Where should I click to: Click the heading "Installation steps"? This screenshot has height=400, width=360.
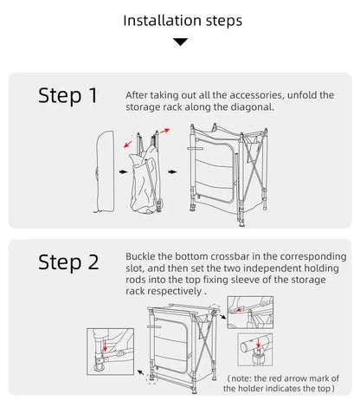(x=183, y=21)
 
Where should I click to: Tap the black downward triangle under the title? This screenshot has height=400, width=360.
(x=181, y=42)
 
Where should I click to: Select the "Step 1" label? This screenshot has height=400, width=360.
(x=68, y=96)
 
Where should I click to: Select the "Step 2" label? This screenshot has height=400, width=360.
(x=68, y=262)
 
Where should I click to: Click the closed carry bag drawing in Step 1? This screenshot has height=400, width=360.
(x=105, y=171)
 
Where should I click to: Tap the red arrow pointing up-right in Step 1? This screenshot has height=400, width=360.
(x=165, y=131)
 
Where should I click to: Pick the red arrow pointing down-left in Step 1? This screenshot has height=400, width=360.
(x=128, y=144)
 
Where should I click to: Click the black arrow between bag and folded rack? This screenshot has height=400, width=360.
(x=124, y=172)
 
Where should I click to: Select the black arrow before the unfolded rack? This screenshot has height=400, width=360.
(x=173, y=172)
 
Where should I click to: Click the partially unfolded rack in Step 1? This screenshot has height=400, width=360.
(x=145, y=171)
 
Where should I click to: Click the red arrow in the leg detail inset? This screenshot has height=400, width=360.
(x=106, y=345)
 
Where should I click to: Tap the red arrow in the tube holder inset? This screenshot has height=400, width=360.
(x=258, y=343)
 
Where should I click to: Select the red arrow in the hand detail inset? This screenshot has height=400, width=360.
(x=239, y=310)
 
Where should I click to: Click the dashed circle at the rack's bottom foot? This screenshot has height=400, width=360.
(x=151, y=378)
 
